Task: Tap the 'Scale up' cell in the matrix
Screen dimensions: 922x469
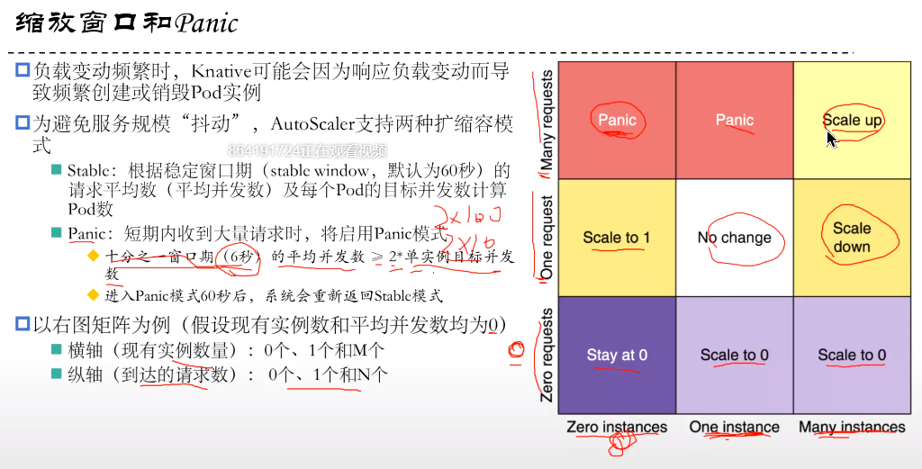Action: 852,120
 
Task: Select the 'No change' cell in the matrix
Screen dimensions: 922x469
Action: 734,238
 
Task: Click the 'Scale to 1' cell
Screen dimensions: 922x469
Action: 617,238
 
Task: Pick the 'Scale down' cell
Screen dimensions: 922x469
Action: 852,237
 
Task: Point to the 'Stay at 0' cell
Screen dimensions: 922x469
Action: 617,355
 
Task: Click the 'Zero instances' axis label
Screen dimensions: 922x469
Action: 617,427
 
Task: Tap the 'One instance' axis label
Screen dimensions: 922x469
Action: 734,427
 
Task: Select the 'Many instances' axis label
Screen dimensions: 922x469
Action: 852,427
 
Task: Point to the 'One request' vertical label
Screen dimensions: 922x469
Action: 547,238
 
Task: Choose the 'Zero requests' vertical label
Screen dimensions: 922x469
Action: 547,356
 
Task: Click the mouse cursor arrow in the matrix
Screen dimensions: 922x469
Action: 831,137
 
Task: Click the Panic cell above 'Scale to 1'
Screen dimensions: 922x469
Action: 617,120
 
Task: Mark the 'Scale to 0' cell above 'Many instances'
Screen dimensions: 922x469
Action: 852,355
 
